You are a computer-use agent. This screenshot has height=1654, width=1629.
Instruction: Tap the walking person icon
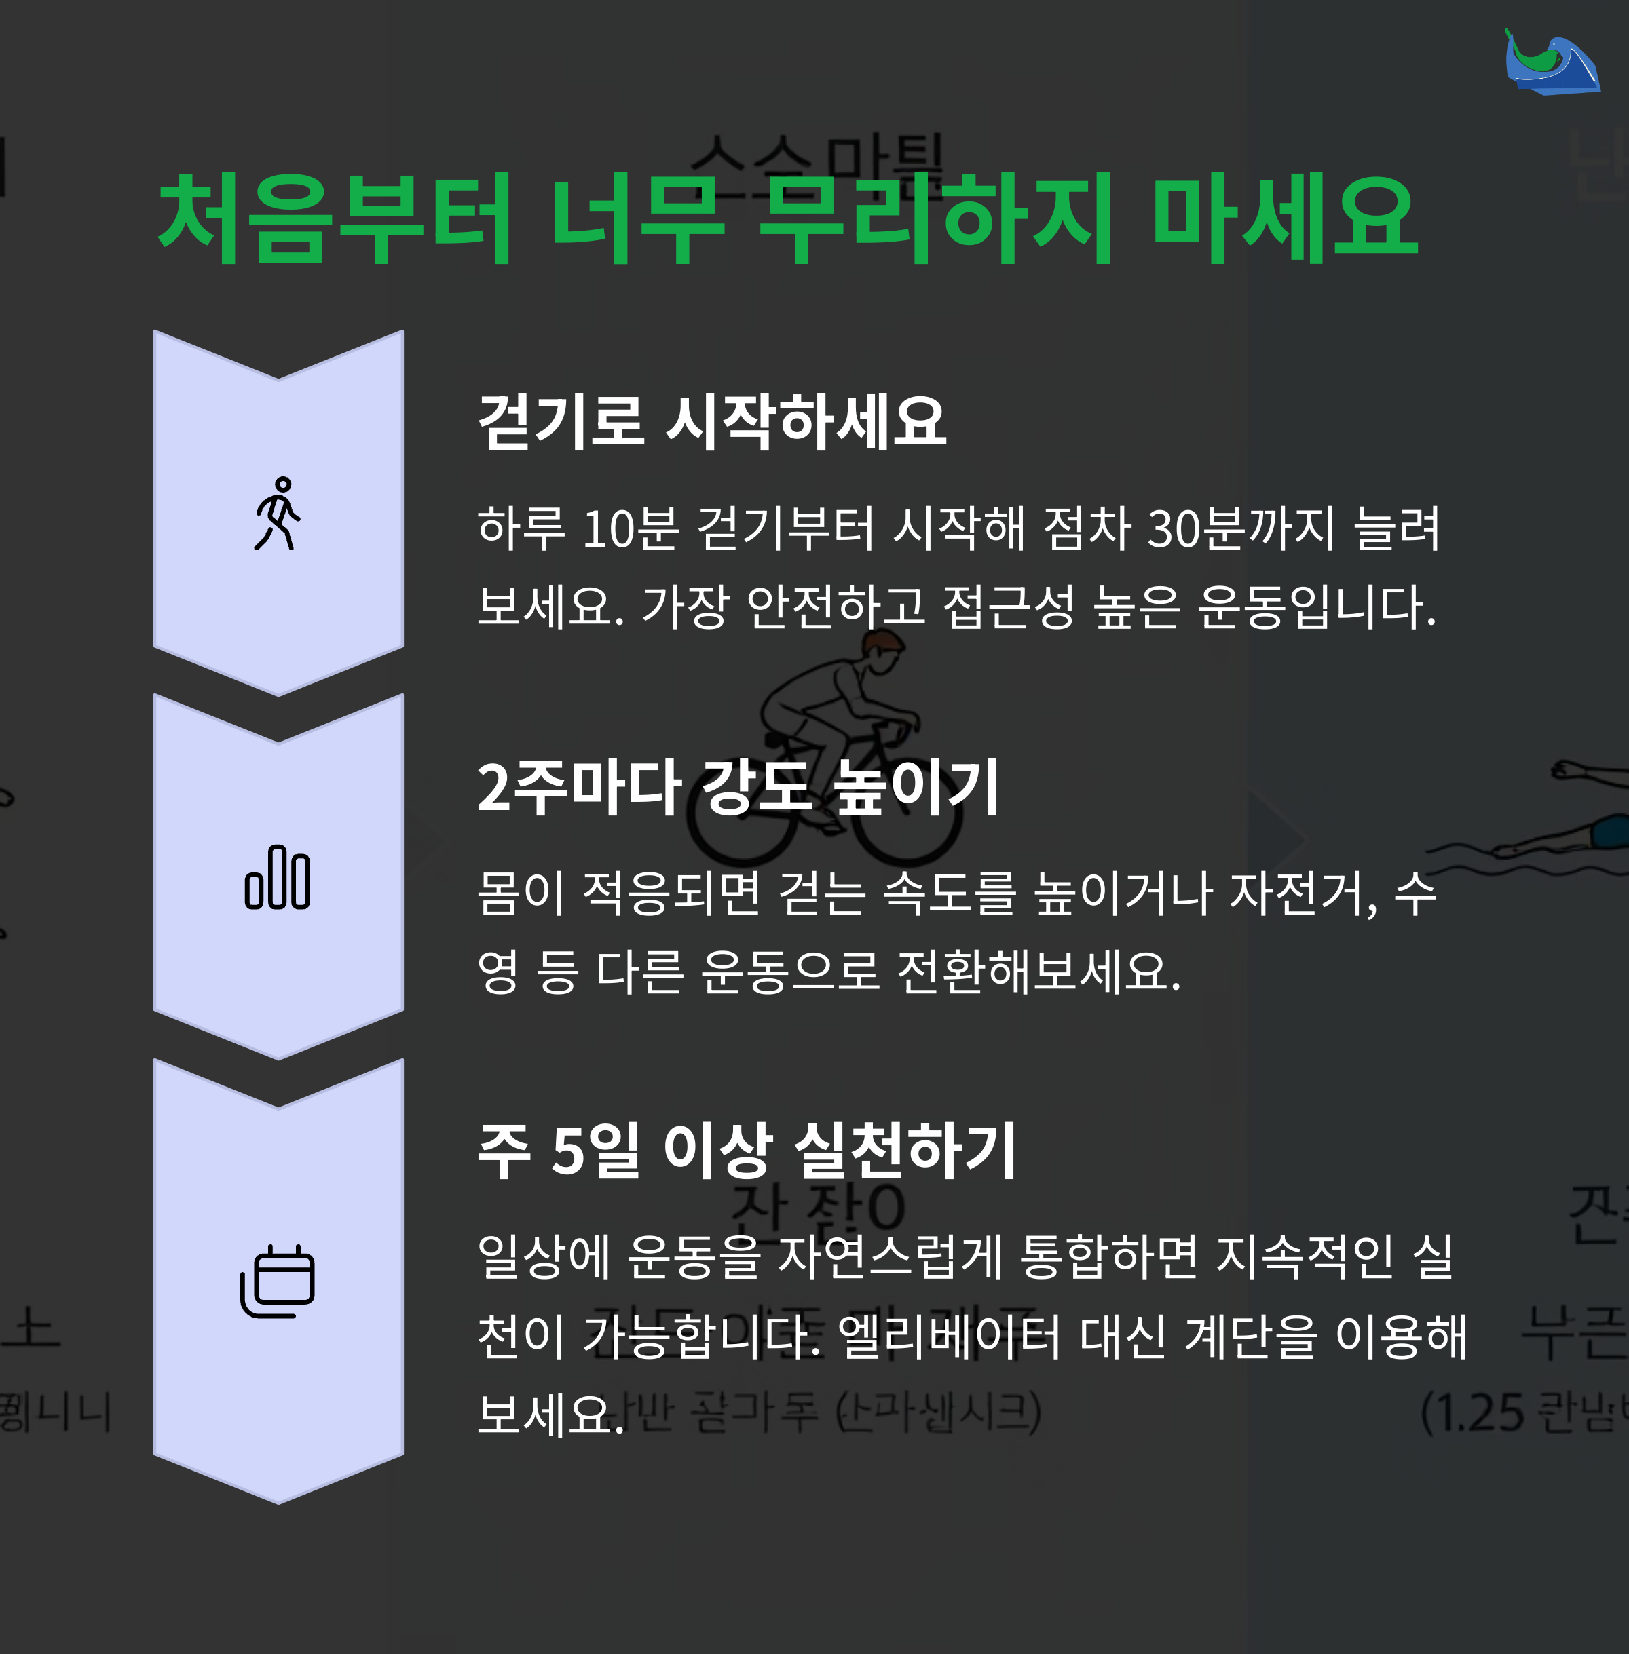(277, 513)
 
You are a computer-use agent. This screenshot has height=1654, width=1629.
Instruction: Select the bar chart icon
(277, 877)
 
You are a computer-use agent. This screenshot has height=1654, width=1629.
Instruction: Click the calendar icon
(277, 1281)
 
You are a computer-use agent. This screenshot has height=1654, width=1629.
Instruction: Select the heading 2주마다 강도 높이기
(738, 787)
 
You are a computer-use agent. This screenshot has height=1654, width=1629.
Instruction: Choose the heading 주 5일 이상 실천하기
(746, 1151)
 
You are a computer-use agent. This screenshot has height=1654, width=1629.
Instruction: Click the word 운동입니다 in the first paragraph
(1316, 607)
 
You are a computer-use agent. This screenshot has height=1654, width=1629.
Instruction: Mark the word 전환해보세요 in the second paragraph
(1038, 972)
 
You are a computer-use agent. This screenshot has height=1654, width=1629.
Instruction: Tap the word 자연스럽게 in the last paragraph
(890, 1257)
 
